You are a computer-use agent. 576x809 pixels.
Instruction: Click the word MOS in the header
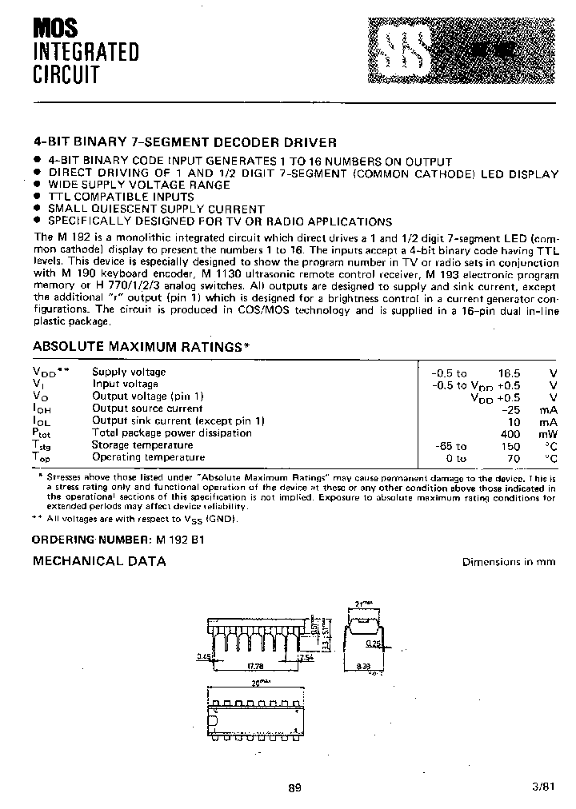pos(55,30)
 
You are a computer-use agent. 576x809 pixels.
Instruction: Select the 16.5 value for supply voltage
pos(509,373)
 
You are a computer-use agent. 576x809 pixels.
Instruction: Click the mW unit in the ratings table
pos(548,433)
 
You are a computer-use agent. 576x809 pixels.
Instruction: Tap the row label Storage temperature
pos(142,445)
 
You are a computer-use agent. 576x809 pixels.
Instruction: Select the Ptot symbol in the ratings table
pos(42,433)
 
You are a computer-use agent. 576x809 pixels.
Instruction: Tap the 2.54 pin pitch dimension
pos(304,657)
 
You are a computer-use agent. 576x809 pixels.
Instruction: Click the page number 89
pos(294,787)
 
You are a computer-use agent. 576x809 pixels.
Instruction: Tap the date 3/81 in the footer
pos(542,787)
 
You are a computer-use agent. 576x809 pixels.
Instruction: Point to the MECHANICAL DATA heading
pos(99,561)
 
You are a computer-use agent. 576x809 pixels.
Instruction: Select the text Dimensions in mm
pos(509,562)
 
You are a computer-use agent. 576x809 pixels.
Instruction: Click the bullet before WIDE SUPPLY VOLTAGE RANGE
pos(37,185)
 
